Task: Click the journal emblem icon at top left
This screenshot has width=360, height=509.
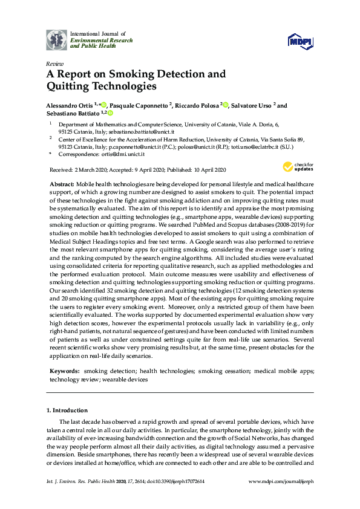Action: click(x=57, y=39)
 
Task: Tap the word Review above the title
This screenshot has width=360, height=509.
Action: click(x=54, y=63)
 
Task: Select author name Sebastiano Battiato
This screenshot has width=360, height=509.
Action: click(x=73, y=113)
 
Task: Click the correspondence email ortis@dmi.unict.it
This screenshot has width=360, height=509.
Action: click(x=122, y=154)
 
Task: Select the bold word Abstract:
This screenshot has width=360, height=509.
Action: click(x=60, y=183)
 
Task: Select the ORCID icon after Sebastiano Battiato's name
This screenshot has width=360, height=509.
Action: click(x=111, y=113)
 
